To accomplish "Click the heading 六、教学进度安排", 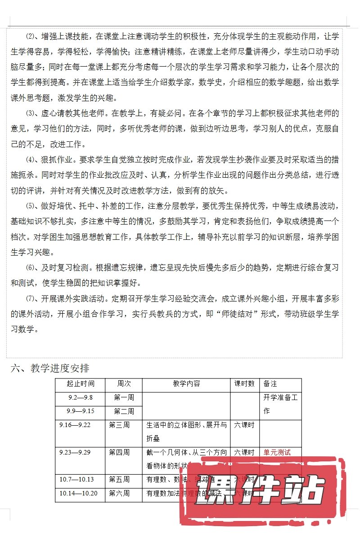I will coord(50,369).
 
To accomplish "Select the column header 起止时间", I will coord(81,384).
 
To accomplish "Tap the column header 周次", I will coord(124,384).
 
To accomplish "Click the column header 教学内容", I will coord(186,384).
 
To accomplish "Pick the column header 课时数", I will coord(245,384).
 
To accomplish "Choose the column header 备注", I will coord(270,384).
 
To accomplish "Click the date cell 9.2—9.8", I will coord(80,398).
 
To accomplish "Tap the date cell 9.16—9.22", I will coord(75,425).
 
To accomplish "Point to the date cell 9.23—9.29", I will coord(75,452).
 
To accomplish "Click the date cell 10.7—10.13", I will coord(76,479).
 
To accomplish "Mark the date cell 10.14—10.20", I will coord(78,493).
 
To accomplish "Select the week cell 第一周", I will coord(124,398).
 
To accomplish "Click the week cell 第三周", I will coord(119,425).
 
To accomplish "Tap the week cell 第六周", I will coord(119,493).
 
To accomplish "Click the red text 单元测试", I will coord(277,452).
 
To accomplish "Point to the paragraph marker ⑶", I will coord(31,113).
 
